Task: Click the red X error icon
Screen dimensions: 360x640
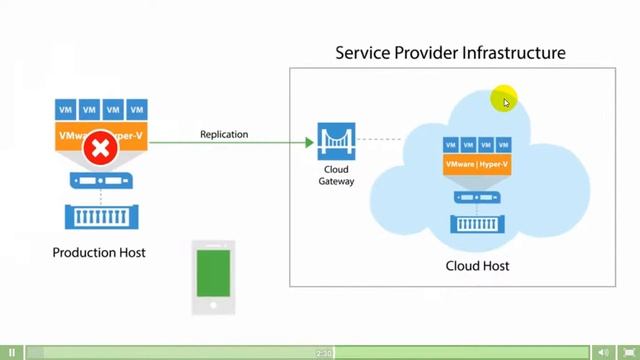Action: point(100,150)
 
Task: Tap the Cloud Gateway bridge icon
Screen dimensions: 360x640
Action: point(336,141)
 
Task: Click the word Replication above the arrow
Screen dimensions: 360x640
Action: point(224,134)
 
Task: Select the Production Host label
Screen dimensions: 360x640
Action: point(99,253)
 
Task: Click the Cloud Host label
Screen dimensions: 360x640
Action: point(477,266)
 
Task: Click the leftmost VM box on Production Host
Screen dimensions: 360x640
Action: point(66,110)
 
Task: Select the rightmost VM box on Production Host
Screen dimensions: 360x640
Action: point(136,110)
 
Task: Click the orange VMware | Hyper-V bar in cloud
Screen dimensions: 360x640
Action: point(477,166)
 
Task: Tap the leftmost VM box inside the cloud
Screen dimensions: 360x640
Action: point(451,146)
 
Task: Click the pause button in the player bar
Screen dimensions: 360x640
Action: point(13,352)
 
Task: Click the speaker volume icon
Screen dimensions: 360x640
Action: point(603,352)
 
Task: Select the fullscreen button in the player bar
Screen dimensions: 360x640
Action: point(628,352)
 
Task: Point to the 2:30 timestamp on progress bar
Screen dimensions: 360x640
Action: point(324,352)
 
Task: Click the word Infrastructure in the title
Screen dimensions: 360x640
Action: point(512,52)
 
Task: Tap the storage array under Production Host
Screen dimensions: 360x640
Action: point(100,216)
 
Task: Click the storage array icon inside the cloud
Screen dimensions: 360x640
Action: point(477,223)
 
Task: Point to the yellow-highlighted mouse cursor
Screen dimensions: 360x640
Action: point(505,100)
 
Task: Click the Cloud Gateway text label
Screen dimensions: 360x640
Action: point(336,175)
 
